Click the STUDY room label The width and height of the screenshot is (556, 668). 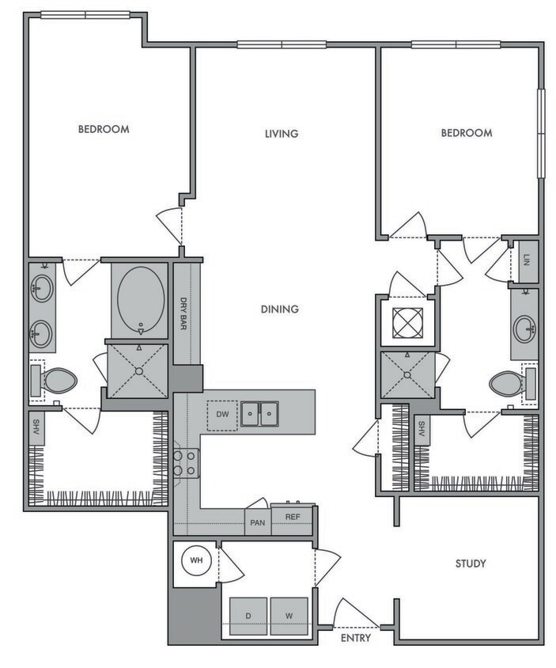pyautogui.click(x=470, y=564)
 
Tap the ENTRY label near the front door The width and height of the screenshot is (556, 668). pyautogui.click(x=356, y=637)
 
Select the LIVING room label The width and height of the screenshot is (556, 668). pyautogui.click(x=281, y=134)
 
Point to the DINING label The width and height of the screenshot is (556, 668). pyautogui.click(x=280, y=309)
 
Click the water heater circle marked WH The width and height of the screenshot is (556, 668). pyautogui.click(x=196, y=562)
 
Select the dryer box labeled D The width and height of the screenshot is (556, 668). pyautogui.click(x=248, y=615)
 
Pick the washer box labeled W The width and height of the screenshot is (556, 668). pyautogui.click(x=288, y=615)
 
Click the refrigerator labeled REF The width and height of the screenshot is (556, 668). pyautogui.click(x=293, y=517)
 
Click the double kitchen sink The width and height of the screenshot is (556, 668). pyautogui.click(x=259, y=413)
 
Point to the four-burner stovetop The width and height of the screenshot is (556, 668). pyautogui.click(x=186, y=463)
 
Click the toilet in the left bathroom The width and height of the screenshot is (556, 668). pyautogui.click(x=57, y=381)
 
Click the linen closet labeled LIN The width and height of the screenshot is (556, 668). pyautogui.click(x=526, y=261)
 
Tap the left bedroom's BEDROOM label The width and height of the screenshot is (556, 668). pyautogui.click(x=103, y=129)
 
